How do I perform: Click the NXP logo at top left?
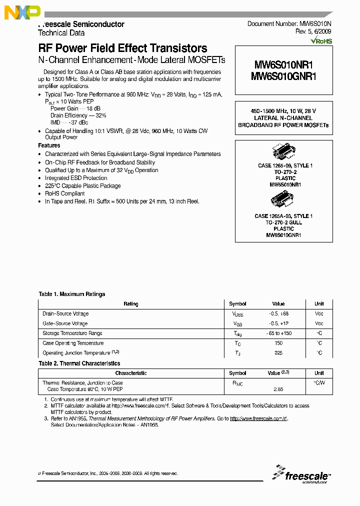(x=22, y=12)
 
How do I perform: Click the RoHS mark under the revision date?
(x=321, y=41)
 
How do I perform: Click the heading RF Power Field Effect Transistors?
(x=122, y=48)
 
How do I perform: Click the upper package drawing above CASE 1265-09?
(x=284, y=152)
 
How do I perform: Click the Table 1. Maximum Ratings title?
(x=72, y=294)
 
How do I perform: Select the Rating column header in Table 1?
(x=131, y=304)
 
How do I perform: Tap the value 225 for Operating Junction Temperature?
(x=278, y=353)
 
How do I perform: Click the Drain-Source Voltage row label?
(x=65, y=313)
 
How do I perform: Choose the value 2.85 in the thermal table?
(x=278, y=389)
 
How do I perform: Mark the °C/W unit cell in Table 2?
(x=319, y=383)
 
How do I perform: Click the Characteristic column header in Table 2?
(x=131, y=373)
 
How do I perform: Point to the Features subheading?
(x=49, y=145)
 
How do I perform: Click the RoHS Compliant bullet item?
(x=65, y=193)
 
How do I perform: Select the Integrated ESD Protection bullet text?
(x=76, y=178)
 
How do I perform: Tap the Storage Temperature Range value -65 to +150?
(x=278, y=333)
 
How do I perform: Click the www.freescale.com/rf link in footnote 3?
(x=258, y=418)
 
